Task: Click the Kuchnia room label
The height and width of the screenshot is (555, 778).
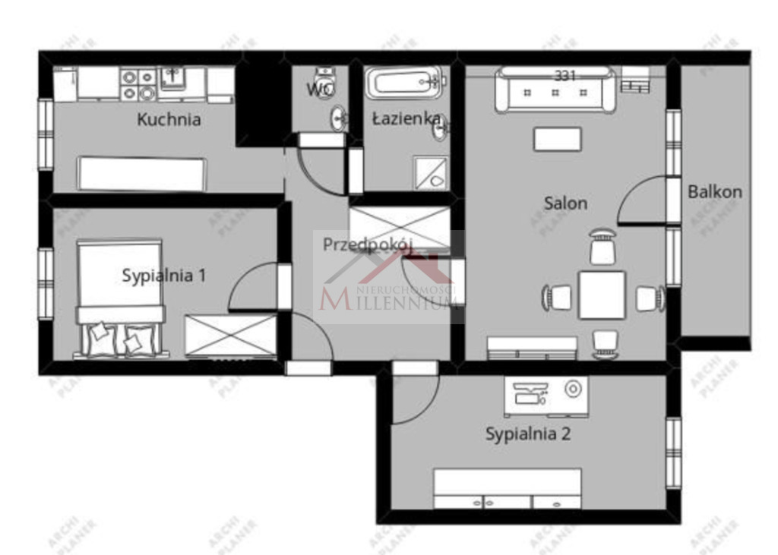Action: [x=169, y=119]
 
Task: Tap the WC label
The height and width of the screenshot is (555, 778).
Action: [x=320, y=89]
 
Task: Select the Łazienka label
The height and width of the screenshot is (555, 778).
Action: [x=406, y=118]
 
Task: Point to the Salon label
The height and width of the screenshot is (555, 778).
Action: [x=565, y=203]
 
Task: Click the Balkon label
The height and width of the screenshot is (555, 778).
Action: [x=714, y=191]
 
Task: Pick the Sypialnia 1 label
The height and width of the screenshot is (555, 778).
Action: [x=163, y=275]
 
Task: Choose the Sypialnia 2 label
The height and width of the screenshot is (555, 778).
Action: [x=528, y=434]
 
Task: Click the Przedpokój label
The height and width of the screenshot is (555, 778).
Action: [x=368, y=244]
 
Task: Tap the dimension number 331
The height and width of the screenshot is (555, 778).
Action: [x=565, y=75]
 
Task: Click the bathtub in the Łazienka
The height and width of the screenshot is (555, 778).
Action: [x=403, y=83]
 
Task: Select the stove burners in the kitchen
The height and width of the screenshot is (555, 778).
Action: [x=138, y=84]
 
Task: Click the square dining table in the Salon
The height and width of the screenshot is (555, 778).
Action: [x=602, y=295]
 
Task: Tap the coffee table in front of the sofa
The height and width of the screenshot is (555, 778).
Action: [x=557, y=139]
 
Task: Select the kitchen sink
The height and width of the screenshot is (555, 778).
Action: [x=172, y=77]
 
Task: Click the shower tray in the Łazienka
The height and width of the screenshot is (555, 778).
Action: [x=431, y=173]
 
